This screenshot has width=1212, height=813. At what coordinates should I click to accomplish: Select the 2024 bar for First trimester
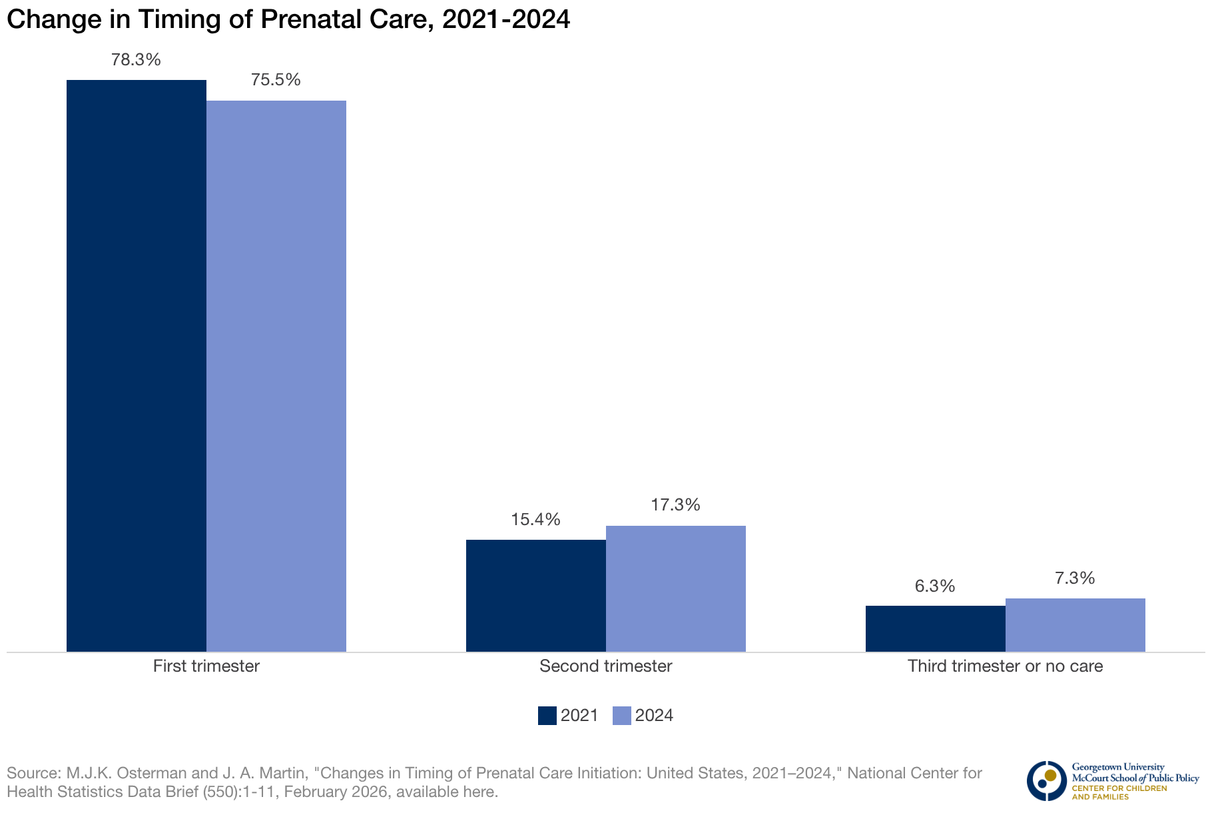coord(276,376)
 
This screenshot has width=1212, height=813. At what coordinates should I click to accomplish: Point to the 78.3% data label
coord(136,60)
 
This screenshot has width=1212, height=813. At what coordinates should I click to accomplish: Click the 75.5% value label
coord(276,80)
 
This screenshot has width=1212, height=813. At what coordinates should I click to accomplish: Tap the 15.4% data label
coord(535,520)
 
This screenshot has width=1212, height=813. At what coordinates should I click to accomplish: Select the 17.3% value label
coord(675,505)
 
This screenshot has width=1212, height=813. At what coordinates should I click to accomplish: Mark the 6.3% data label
coord(935,586)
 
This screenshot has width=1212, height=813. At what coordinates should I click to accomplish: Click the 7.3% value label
coord(1075,578)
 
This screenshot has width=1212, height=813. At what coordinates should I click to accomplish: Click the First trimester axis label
coord(206,666)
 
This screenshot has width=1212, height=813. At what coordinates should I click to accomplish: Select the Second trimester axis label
coord(606,666)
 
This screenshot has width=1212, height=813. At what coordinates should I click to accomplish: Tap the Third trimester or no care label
coord(1006,666)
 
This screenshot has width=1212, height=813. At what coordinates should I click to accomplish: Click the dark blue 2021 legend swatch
coord(547,716)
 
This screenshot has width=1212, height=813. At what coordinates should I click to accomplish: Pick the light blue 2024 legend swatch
coord(621,716)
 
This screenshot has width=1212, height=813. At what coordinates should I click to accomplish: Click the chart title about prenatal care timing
coord(288,20)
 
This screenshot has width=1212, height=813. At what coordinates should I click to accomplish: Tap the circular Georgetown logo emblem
coord(1046,780)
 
